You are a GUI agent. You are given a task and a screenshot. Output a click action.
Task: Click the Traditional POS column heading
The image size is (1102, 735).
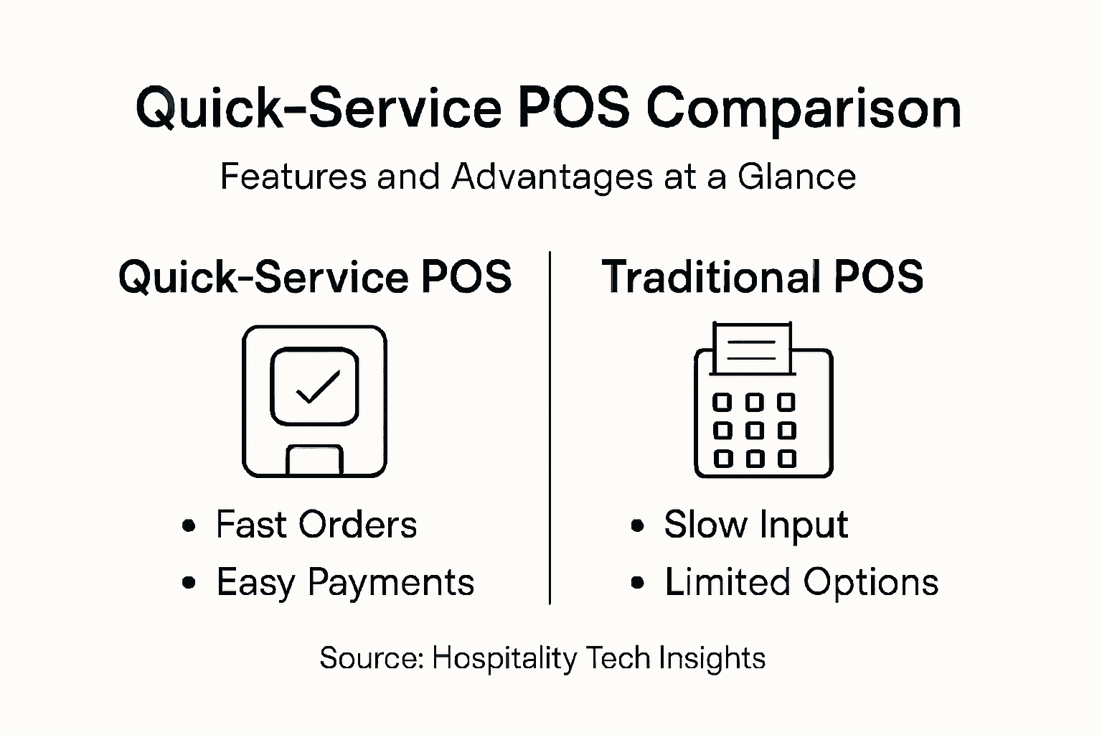[762, 276]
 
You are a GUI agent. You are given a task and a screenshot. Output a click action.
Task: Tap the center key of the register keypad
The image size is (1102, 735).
[754, 431]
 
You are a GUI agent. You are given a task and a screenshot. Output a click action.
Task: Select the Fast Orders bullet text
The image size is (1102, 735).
[316, 525]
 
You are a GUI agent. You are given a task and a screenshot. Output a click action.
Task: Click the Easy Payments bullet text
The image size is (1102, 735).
[345, 582]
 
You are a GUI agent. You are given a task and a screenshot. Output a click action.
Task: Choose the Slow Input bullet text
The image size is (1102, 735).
[755, 525]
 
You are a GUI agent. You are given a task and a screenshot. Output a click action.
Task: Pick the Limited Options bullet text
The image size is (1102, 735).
[801, 582]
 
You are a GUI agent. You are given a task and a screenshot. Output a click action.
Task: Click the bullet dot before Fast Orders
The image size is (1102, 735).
[189, 526]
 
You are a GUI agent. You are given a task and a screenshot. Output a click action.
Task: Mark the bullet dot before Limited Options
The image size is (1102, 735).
[637, 584]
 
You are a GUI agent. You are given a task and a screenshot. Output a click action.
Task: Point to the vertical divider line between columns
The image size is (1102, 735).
[550, 431]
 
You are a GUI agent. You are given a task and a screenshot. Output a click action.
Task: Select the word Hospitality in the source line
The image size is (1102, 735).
[504, 658]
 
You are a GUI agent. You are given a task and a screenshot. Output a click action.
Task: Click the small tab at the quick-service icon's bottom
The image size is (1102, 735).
[314, 460]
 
